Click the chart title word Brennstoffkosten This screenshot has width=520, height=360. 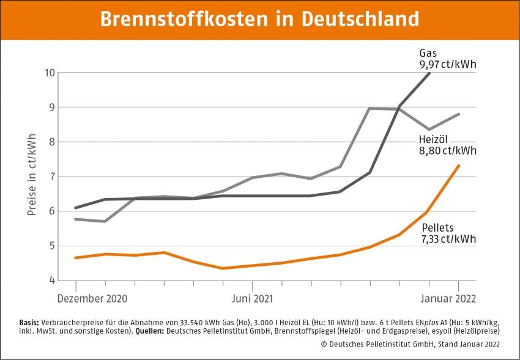tap(182, 18)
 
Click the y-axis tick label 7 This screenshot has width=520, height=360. tap(52, 177)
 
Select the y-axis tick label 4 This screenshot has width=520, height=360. tap(52, 281)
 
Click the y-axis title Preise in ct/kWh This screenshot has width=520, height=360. tap(32, 175)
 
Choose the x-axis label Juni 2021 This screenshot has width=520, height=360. tap(252, 299)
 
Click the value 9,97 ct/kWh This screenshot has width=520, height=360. tap(448, 64)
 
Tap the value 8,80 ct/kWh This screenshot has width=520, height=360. tap(448, 150)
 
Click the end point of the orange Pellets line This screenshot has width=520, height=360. tap(459, 166)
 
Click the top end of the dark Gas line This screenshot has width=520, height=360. tap(429, 73)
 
